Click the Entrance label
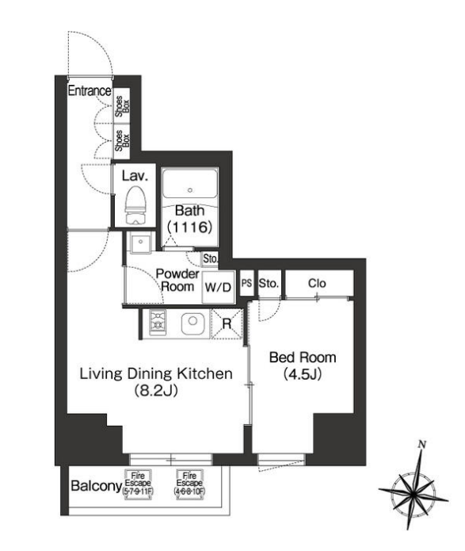[x=90, y=90]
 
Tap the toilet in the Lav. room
[x=135, y=205]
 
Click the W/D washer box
[x=218, y=287]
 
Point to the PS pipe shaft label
[x=246, y=283]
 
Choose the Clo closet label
[x=317, y=283]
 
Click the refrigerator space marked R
[x=227, y=323]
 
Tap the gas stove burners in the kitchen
[x=158, y=323]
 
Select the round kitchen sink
[x=192, y=322]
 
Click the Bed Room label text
[x=303, y=358]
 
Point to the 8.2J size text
[x=156, y=390]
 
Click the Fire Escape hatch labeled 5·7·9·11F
[x=138, y=484]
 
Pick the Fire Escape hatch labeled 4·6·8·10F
[x=189, y=484]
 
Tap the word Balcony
[x=96, y=486]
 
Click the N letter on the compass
[x=422, y=444]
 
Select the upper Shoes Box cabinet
[x=122, y=105]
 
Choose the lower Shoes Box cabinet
[x=122, y=141]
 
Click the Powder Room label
[x=177, y=280]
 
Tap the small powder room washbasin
[x=140, y=242]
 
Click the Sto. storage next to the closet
[x=269, y=283]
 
